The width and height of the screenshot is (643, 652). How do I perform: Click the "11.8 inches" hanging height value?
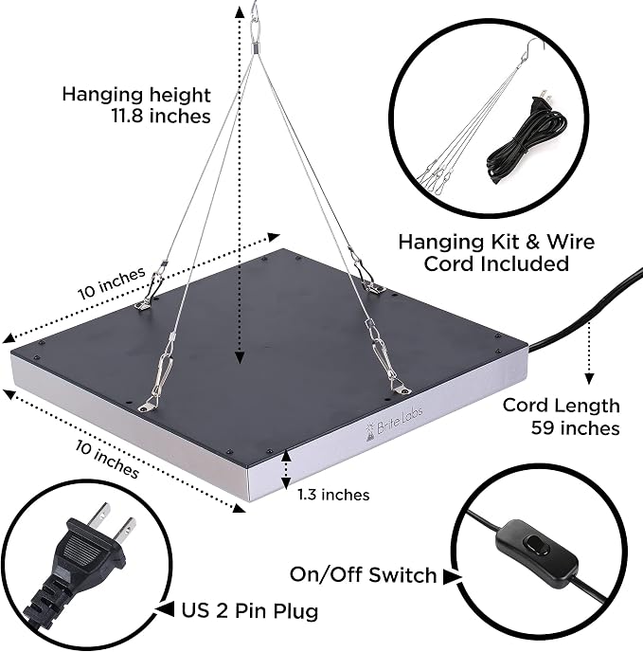click(161, 116)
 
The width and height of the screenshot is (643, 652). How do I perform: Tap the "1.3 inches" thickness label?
click(333, 495)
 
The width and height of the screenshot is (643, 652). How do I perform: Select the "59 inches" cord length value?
click(575, 428)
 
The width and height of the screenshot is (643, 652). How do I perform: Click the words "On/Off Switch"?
click(363, 574)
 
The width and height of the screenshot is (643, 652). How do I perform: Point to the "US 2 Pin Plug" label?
click(250, 611)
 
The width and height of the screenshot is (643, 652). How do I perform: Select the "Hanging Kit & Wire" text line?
click(496, 242)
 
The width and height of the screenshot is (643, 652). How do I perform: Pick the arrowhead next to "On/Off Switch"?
click(452, 577)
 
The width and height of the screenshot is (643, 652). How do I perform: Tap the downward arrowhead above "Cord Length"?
click(589, 378)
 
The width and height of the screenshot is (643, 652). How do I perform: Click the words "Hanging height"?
click(136, 95)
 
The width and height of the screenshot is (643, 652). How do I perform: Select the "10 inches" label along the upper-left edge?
click(112, 282)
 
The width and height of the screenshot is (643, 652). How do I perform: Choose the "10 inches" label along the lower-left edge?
click(107, 459)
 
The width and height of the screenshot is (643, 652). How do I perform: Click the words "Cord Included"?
click(496, 263)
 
